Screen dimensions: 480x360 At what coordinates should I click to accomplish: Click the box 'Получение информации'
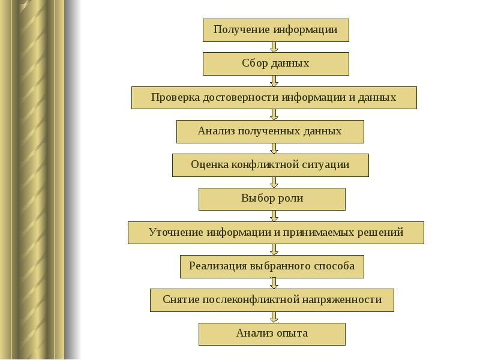coord(275,30)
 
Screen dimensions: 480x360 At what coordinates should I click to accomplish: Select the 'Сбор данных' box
coord(275,64)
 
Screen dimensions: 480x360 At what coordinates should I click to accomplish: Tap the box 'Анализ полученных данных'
coord(270,131)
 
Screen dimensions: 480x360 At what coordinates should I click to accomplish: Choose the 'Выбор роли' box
coord(272,199)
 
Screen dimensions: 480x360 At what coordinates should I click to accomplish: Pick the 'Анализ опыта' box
coord(272,334)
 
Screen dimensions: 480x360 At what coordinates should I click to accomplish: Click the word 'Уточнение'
coord(175,232)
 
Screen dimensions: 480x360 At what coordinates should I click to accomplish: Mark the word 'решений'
coord(382,232)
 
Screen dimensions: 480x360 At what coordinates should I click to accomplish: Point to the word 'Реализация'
coord(217,266)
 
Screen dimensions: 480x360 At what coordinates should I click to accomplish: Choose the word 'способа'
coord(334,266)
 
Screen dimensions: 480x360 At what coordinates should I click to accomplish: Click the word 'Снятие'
coord(181,299)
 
